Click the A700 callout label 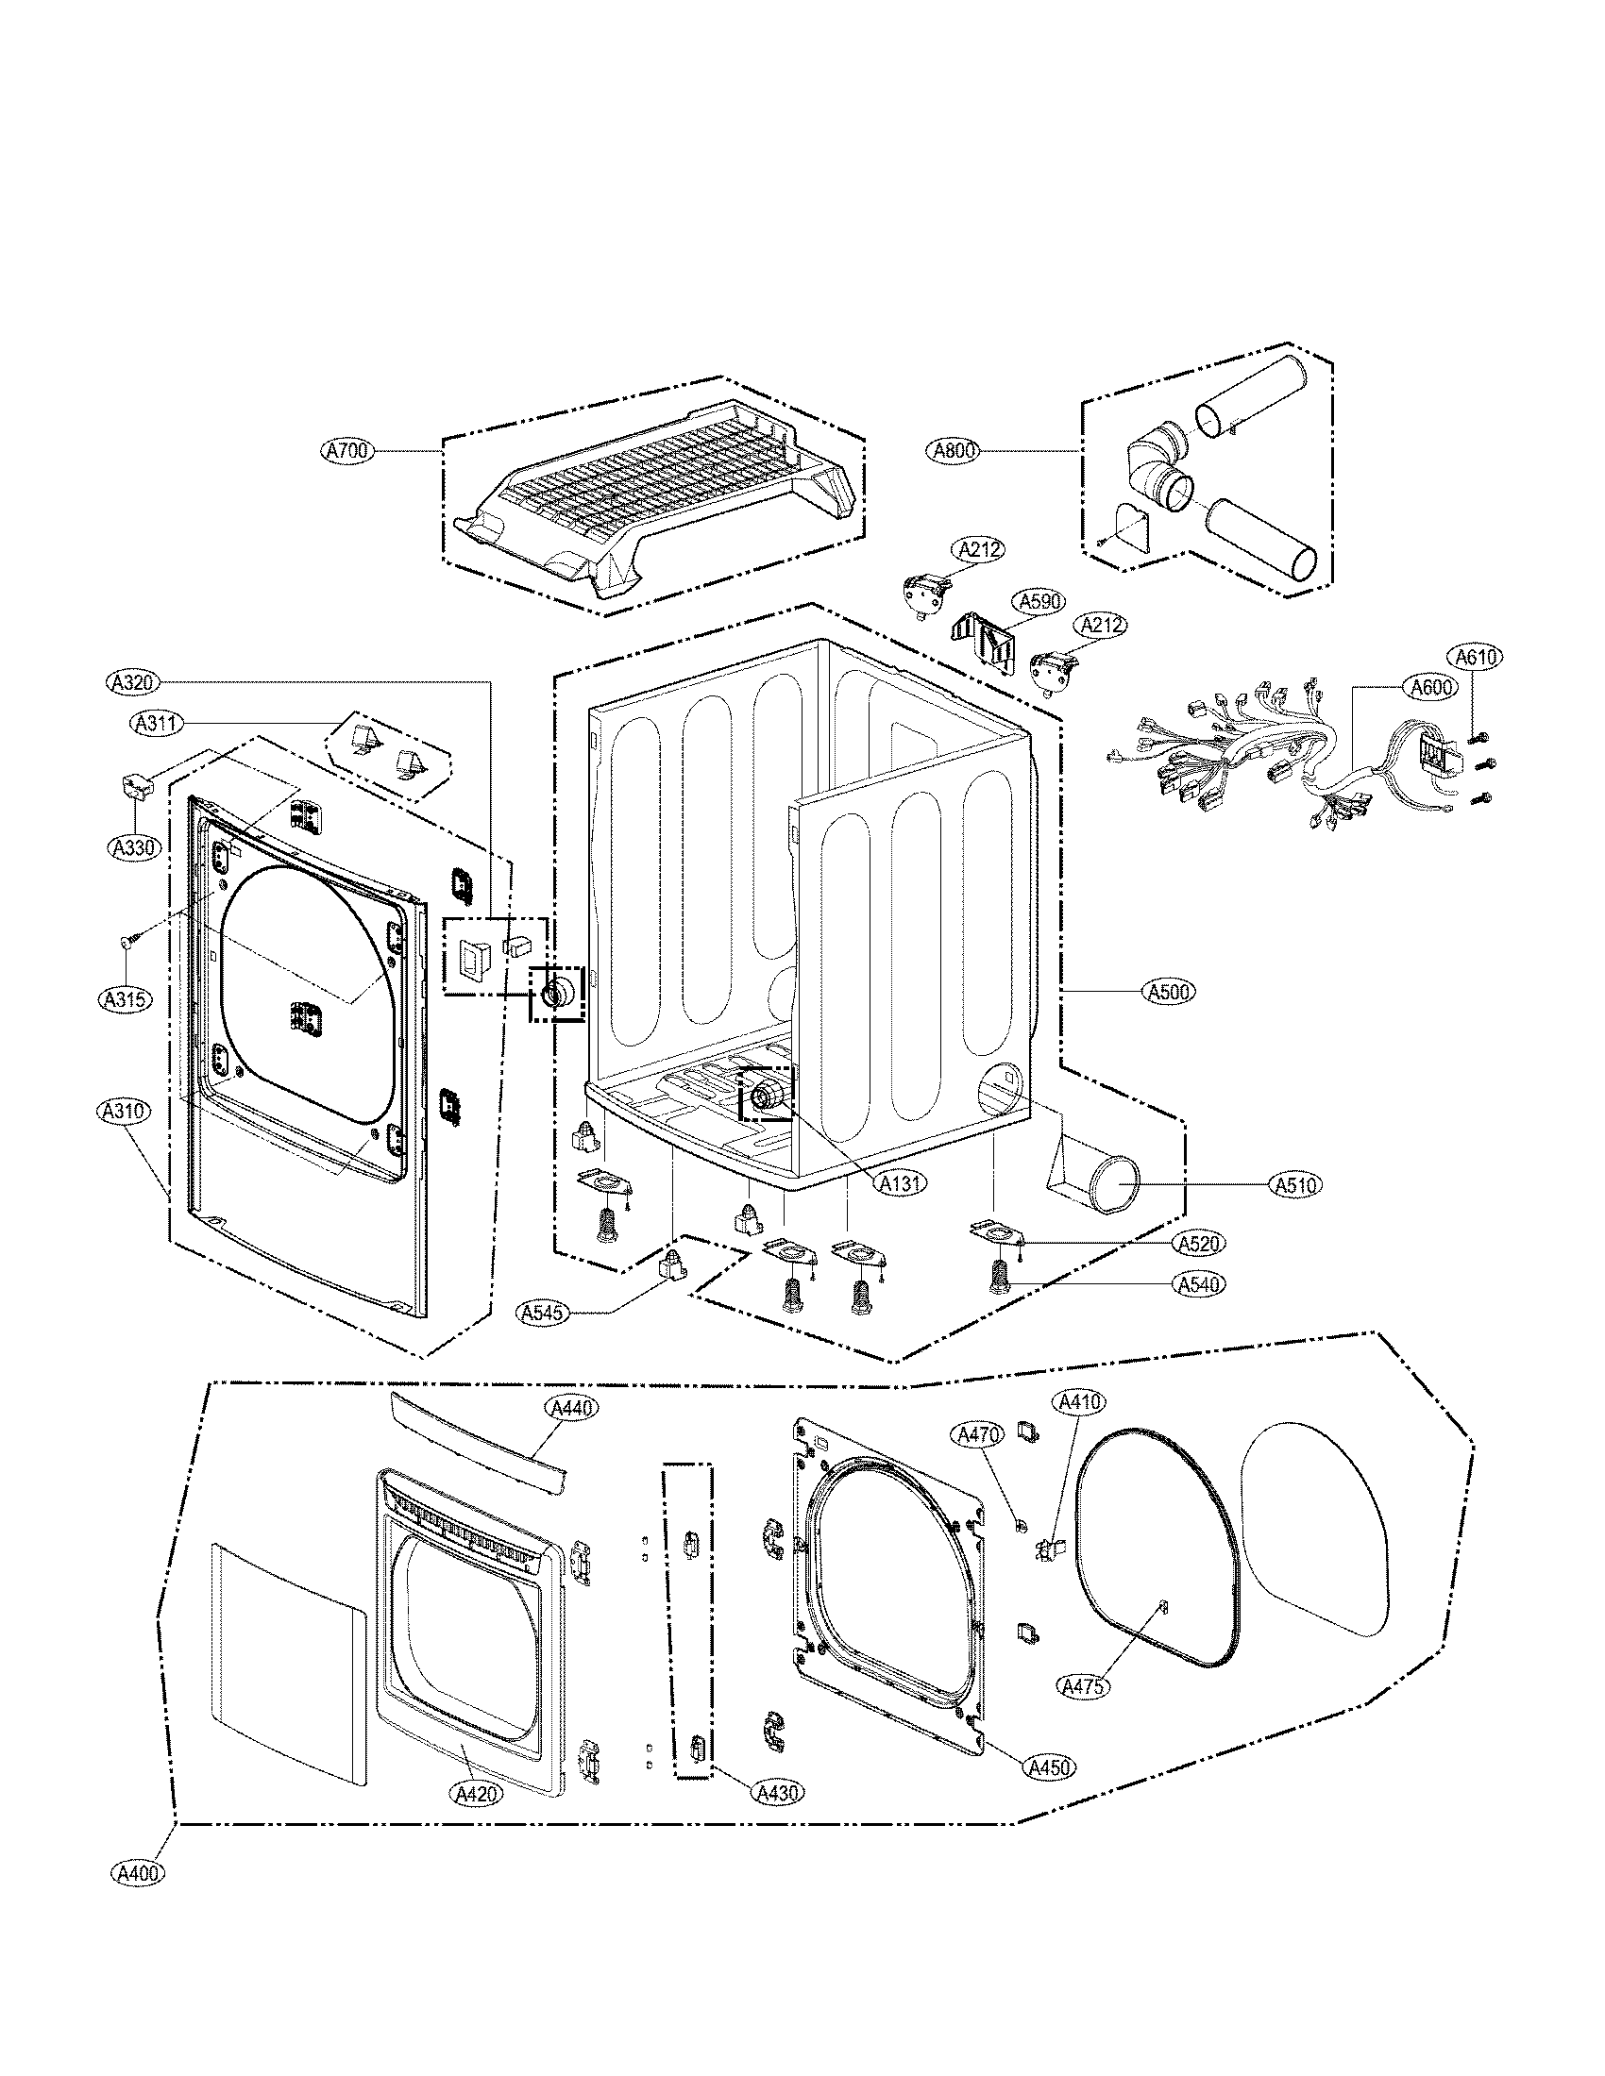pyautogui.click(x=347, y=450)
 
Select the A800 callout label pyautogui.click(x=952, y=451)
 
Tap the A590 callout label pyautogui.click(x=1041, y=601)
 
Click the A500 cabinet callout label pyautogui.click(x=1168, y=992)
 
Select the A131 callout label pyautogui.click(x=901, y=1183)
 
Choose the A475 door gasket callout pyautogui.click(x=1082, y=1685)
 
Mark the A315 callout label pyautogui.click(x=126, y=999)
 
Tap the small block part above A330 pyautogui.click(x=136, y=786)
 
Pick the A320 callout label pyautogui.click(x=133, y=681)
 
